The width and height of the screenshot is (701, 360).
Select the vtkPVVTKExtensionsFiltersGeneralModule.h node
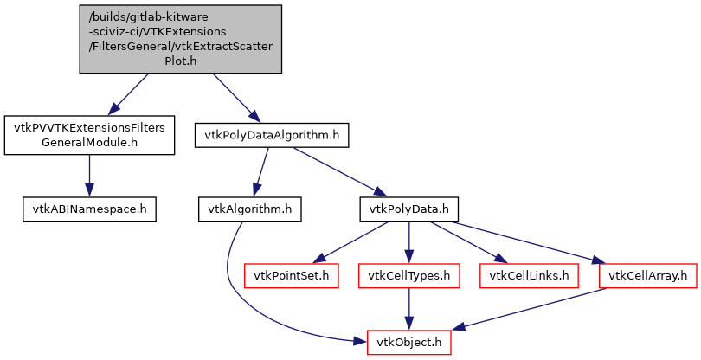89,134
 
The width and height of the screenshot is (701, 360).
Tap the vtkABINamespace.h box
89,209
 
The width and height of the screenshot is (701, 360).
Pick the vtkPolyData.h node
408,209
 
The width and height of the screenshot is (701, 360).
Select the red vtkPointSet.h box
291,275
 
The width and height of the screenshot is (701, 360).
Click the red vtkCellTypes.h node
408,275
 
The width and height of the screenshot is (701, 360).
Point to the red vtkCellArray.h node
648,275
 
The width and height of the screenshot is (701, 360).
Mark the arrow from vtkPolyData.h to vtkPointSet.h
350,241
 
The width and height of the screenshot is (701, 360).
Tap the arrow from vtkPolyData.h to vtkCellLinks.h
467,241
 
